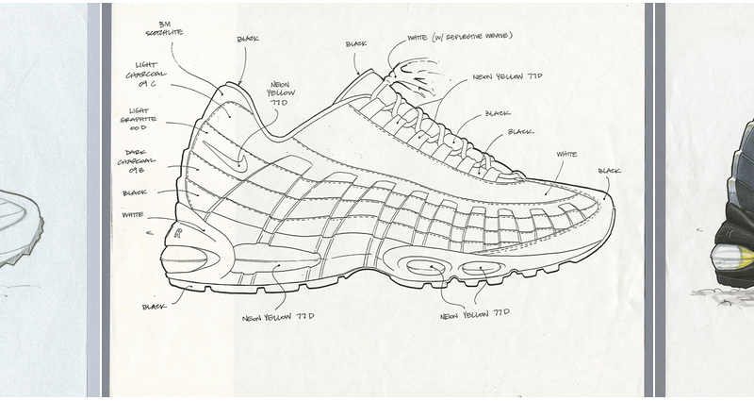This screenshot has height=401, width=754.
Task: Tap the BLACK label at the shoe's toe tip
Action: (610, 171)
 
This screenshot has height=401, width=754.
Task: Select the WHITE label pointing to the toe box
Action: (566, 153)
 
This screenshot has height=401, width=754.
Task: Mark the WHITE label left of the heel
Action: (132, 215)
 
